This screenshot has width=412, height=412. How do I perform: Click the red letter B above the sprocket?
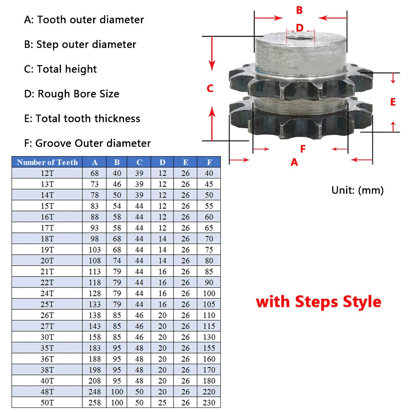click(299, 10)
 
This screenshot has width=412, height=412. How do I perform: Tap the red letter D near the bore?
click(300, 28)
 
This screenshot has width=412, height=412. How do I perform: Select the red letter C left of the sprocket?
click(210, 88)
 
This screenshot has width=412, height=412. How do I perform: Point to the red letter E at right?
click(393, 102)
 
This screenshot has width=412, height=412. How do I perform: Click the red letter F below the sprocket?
click(303, 149)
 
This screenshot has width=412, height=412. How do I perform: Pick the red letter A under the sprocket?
click(294, 162)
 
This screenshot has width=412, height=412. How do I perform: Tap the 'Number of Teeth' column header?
click(47, 162)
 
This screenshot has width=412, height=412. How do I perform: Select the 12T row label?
click(47, 173)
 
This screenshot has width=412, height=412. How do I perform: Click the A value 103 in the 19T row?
click(95, 250)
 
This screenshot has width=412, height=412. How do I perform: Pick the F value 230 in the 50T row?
click(209, 403)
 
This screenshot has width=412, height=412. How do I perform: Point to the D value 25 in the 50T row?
click(162, 403)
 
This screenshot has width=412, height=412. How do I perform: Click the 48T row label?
click(47, 392)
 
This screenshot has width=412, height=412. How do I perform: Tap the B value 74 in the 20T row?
click(117, 261)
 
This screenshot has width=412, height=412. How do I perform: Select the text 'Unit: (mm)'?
click(358, 190)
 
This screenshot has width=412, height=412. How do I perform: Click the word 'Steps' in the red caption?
click(316, 302)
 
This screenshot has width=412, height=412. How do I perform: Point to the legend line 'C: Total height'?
click(61, 69)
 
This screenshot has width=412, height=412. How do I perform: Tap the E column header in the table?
click(185, 162)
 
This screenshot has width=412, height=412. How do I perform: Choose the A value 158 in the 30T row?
click(95, 337)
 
